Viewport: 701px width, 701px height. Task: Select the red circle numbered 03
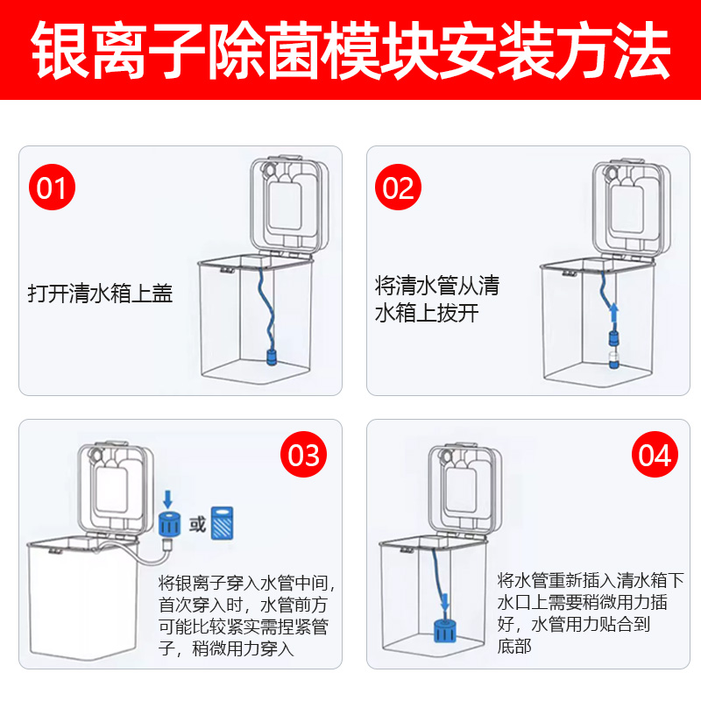(304, 456)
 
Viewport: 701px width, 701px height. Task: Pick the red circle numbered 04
(655, 456)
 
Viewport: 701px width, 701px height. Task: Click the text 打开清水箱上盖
(100, 294)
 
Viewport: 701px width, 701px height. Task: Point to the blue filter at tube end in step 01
(272, 357)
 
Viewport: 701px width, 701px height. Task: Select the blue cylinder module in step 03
(169, 524)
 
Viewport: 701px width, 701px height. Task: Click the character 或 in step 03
(197, 525)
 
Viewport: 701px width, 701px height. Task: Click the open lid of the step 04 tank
(464, 487)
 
